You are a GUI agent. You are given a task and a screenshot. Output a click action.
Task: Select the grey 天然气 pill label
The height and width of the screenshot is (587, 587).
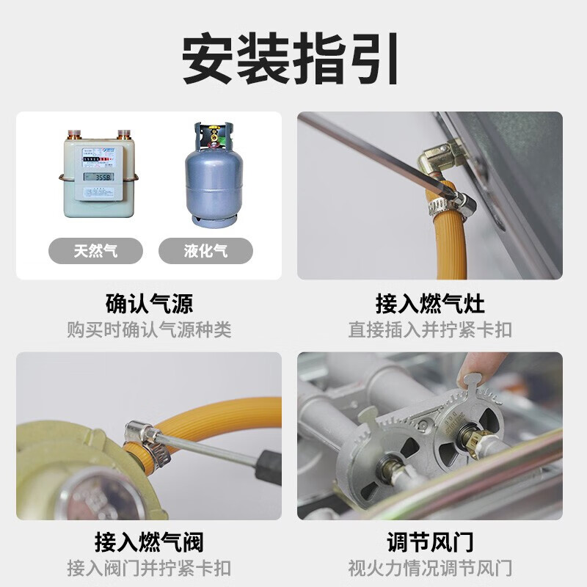pyautogui.click(x=95, y=251)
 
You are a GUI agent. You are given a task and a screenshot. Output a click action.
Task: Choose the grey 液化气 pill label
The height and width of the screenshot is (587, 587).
pyautogui.click(x=205, y=251)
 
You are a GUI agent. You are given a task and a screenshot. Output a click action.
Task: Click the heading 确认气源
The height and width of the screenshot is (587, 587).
pyautogui.click(x=149, y=303)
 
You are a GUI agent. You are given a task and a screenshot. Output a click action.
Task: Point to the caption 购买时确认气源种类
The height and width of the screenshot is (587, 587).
pyautogui.click(x=149, y=329)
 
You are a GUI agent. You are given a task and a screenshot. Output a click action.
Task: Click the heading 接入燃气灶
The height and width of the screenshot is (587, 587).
pyautogui.click(x=430, y=303)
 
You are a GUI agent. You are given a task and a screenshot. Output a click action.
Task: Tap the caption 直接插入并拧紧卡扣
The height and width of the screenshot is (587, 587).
pyautogui.click(x=430, y=329)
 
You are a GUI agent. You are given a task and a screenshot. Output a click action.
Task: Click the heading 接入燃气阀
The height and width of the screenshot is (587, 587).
pyautogui.click(x=149, y=543)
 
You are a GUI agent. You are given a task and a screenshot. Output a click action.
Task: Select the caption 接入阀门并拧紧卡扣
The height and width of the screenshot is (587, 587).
pyautogui.click(x=149, y=568)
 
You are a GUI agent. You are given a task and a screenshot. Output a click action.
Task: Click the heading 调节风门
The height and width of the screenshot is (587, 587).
pyautogui.click(x=430, y=543)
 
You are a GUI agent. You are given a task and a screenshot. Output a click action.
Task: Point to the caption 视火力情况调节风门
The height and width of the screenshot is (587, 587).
pyautogui.click(x=430, y=568)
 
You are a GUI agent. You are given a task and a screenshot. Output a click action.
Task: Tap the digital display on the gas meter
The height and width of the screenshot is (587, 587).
pyautogui.click(x=97, y=178)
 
